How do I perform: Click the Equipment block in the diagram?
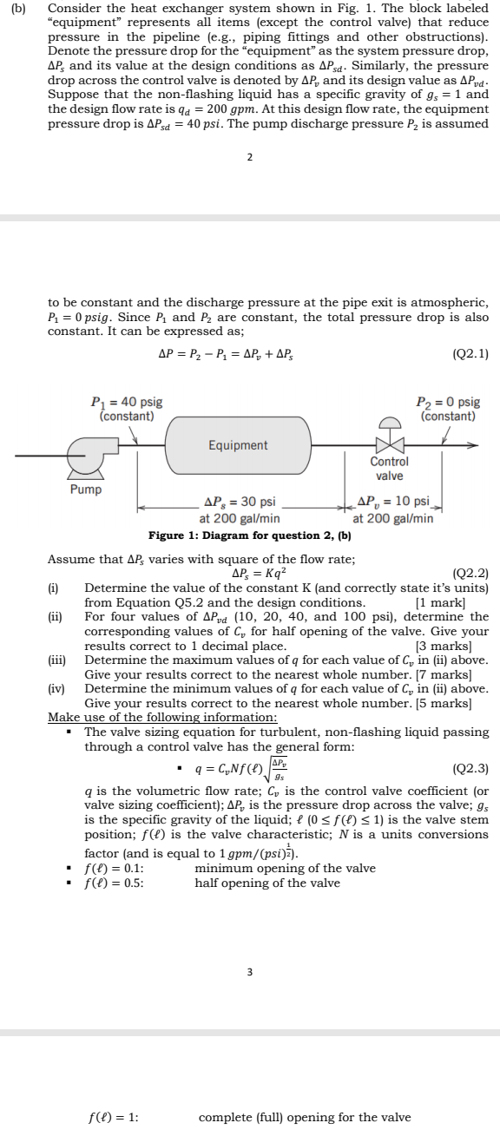pos(238,445)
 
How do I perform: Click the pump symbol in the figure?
pos(87,455)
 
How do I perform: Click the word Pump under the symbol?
pos(85,489)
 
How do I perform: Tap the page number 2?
pos(249,157)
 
